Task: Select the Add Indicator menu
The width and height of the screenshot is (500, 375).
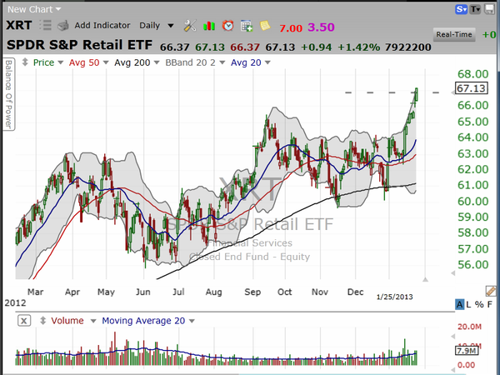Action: pyautogui.click(x=101, y=27)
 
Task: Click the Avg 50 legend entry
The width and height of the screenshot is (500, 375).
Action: pyautogui.click(x=85, y=63)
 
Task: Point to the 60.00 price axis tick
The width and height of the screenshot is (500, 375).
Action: pyautogui.click(x=471, y=201)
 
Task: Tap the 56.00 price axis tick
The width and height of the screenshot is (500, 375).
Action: pyautogui.click(x=471, y=265)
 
